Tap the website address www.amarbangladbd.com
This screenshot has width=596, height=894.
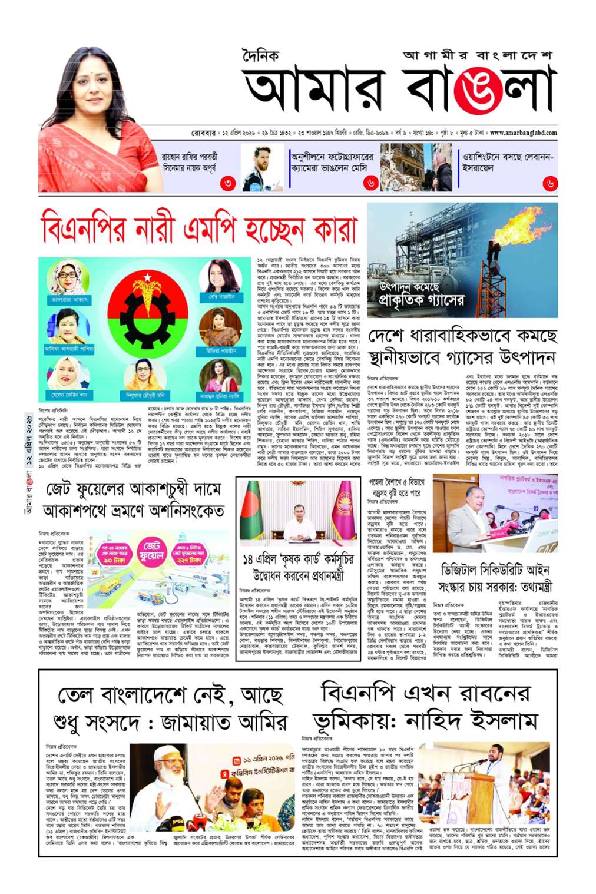pos(523,133)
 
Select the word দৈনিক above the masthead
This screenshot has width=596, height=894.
pos(260,57)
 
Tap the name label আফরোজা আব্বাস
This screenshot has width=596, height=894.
pos(69,299)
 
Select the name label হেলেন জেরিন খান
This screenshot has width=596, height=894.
pos(69,395)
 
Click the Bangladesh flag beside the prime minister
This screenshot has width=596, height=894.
pos(253,510)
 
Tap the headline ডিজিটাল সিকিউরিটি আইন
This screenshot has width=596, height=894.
pos(495,570)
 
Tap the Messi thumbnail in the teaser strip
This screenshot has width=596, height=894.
pos(262,167)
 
